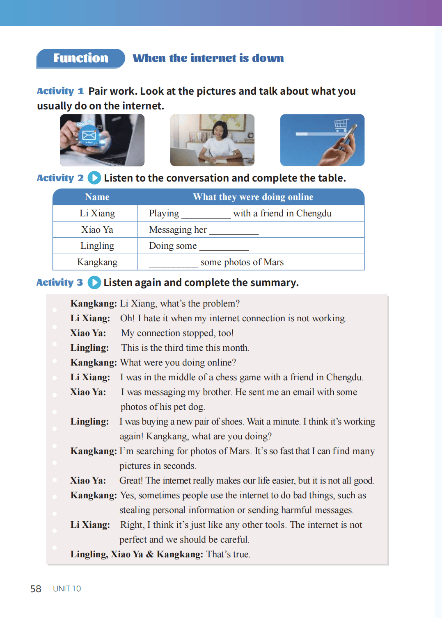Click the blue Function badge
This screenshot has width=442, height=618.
click(80, 58)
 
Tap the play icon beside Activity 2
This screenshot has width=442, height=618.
click(94, 177)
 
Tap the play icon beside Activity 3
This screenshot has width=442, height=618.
click(94, 282)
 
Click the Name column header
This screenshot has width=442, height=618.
click(97, 197)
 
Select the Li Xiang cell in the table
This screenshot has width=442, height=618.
click(97, 214)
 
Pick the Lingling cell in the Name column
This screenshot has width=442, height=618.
click(97, 246)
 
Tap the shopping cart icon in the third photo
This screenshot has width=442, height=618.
click(341, 124)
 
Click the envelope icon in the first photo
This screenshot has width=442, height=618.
click(89, 135)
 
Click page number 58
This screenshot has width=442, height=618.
click(36, 589)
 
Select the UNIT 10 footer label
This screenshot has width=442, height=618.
click(67, 589)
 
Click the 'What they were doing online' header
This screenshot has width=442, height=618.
click(253, 197)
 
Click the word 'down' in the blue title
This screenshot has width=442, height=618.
click(268, 58)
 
